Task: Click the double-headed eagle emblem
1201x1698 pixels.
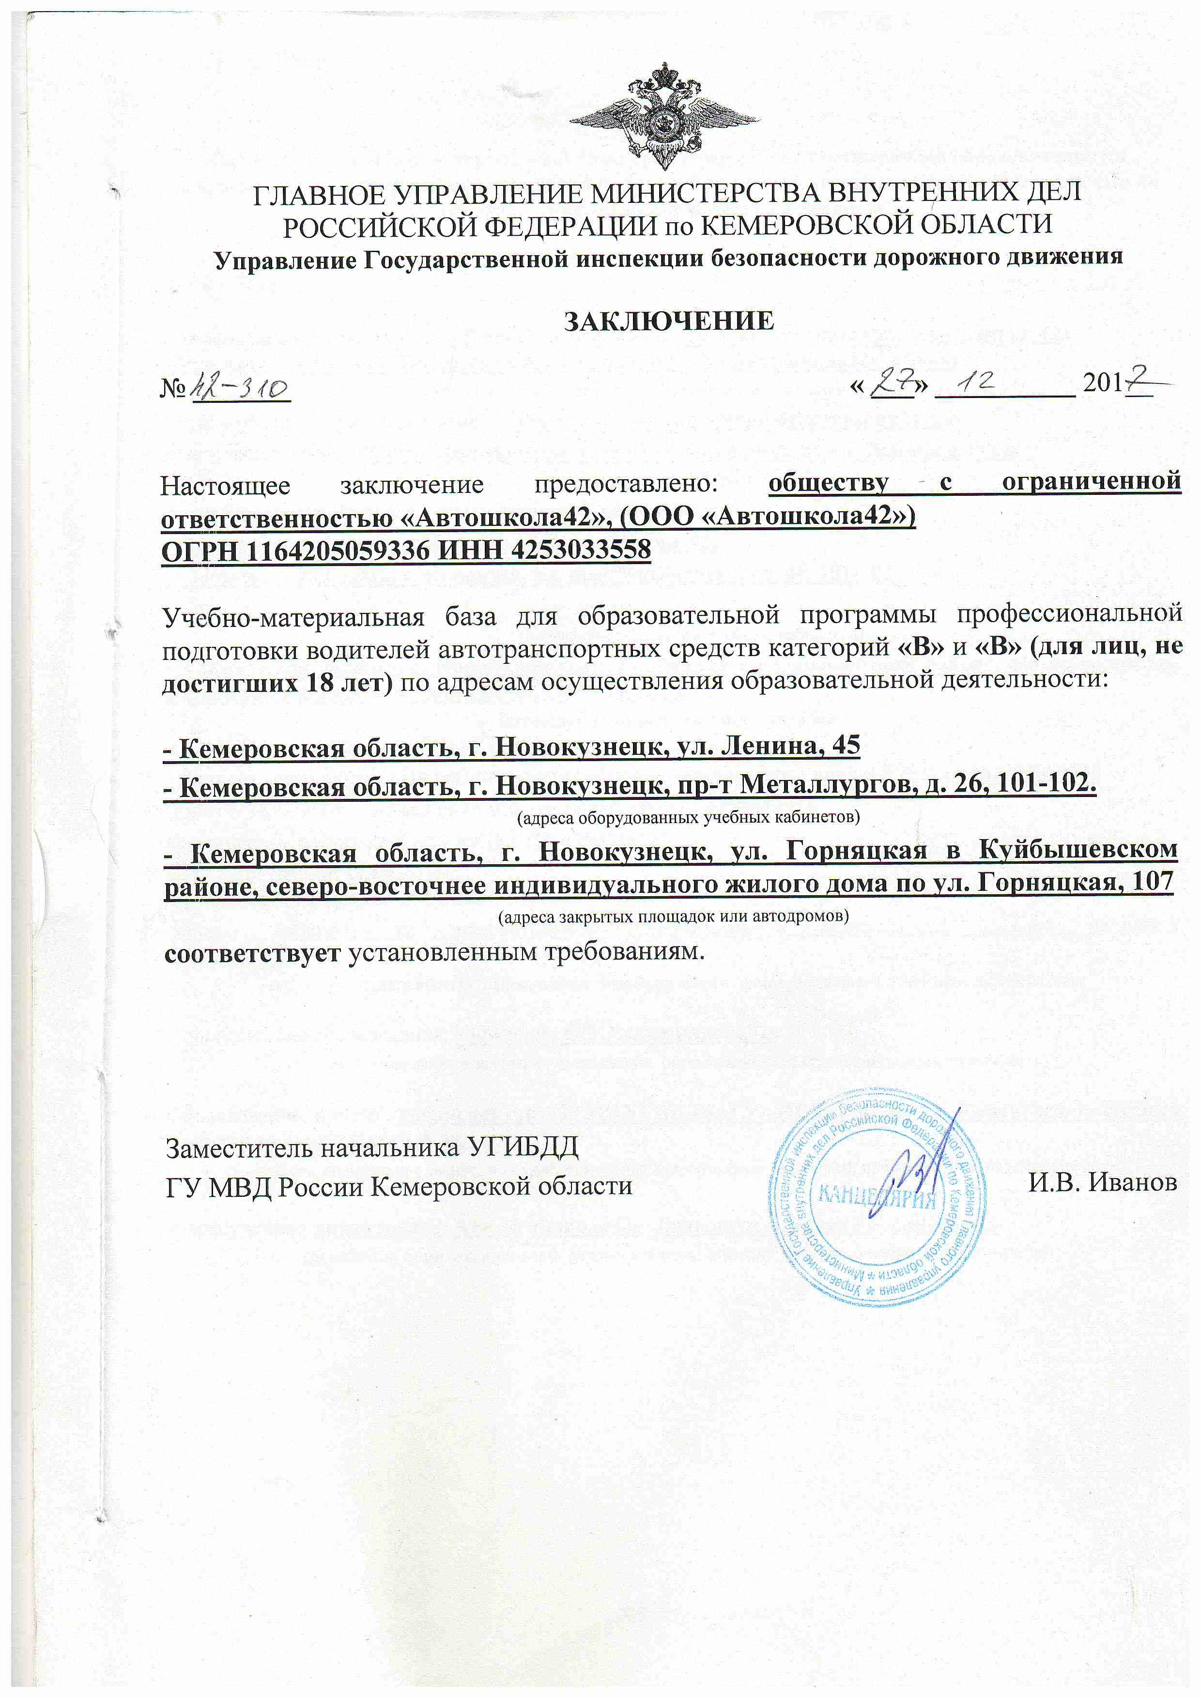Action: coord(663,117)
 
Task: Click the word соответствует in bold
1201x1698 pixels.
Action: coord(252,952)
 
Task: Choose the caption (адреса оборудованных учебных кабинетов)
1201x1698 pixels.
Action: coord(688,817)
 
